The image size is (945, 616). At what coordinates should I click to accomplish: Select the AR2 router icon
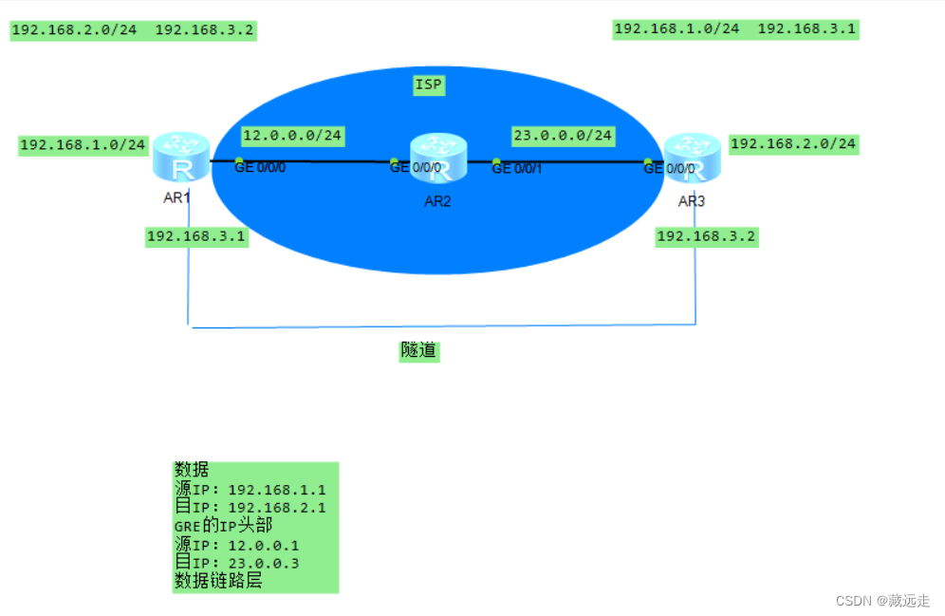click(x=438, y=158)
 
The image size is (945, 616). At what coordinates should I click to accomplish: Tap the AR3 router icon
click(x=692, y=158)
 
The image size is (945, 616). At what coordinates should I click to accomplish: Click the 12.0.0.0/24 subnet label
click(x=291, y=135)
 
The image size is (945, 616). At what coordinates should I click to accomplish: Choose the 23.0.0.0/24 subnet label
click(x=563, y=136)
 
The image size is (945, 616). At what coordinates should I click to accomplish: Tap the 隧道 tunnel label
click(x=418, y=351)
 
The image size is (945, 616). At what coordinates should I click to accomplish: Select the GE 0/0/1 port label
click(x=516, y=169)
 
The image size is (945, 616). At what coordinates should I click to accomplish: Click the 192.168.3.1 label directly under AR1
click(x=196, y=237)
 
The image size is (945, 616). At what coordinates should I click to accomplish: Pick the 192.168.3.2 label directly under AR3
click(x=706, y=236)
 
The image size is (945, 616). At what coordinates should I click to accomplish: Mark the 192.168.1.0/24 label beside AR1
click(x=83, y=145)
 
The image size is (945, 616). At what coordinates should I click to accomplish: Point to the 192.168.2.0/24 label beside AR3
click(x=792, y=144)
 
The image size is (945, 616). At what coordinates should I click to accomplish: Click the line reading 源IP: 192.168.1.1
click(x=250, y=490)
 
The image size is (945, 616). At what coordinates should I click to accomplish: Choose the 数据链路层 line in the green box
click(x=217, y=581)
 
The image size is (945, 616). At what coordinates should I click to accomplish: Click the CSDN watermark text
click(x=882, y=601)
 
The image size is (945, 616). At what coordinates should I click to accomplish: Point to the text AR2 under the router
click(x=437, y=200)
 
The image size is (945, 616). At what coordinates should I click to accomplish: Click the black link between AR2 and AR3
click(x=569, y=162)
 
